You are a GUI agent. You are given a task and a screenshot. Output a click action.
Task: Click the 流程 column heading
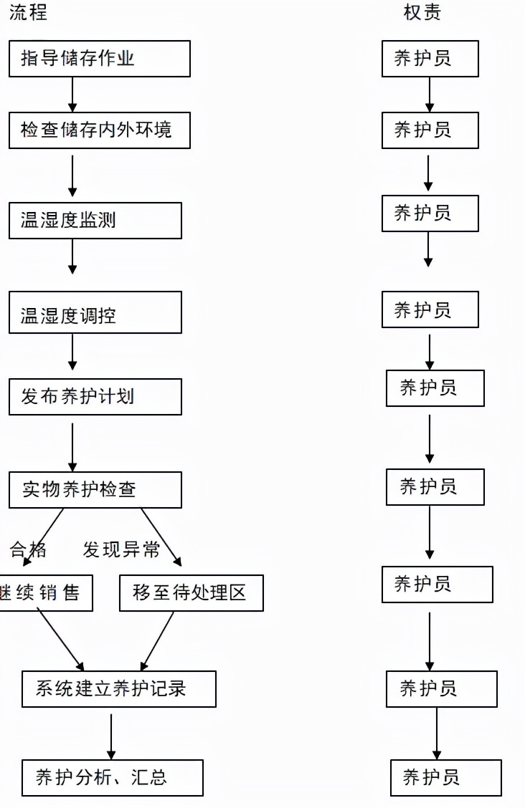[28, 13]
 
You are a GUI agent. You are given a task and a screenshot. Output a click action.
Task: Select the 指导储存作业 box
[99, 59]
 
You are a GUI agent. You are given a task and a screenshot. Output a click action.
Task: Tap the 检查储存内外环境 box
[99, 130]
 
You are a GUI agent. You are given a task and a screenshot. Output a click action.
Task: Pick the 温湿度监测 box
[95, 221]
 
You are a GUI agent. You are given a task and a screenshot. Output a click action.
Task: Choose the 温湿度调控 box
[95, 312]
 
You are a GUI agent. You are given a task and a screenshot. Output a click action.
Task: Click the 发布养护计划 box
[95, 397]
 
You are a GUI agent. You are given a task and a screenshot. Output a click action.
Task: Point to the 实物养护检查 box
[95, 490]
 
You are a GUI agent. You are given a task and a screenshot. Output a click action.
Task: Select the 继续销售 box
[44, 593]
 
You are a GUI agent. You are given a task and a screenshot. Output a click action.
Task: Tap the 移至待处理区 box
[191, 593]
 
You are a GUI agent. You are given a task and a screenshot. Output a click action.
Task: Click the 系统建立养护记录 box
[118, 689]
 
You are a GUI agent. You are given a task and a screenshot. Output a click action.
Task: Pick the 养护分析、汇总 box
[112, 778]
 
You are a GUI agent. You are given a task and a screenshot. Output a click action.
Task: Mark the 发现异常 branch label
[121, 549]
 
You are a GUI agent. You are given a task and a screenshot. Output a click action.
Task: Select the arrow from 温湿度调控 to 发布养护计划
[72, 351]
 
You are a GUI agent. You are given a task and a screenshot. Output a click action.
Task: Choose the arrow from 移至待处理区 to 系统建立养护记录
[158, 640]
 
